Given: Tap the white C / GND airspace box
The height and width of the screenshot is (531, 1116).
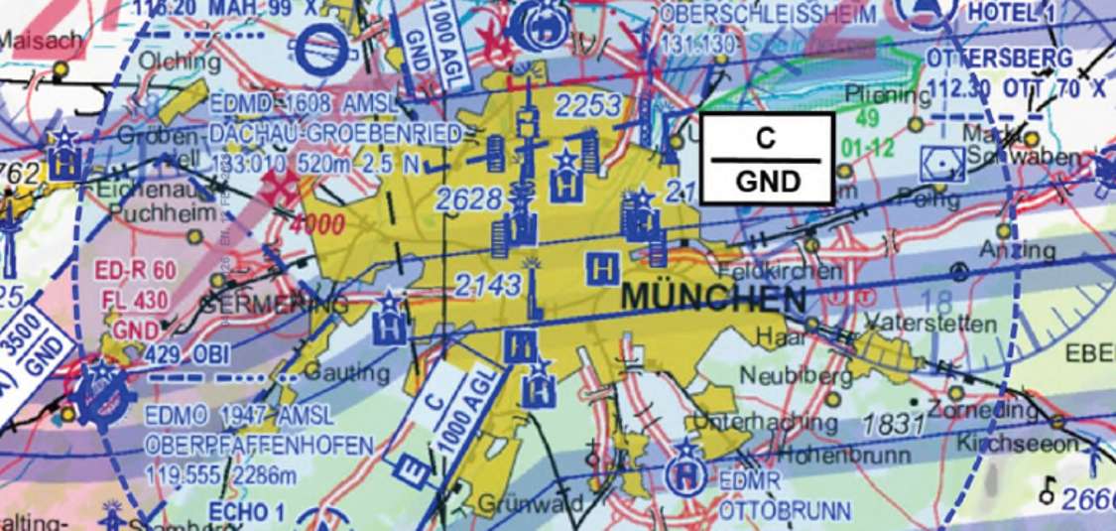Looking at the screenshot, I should tap(766, 159).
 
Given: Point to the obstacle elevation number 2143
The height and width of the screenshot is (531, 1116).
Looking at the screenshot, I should tap(488, 286).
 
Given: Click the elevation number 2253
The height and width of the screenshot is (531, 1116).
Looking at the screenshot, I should tap(588, 106).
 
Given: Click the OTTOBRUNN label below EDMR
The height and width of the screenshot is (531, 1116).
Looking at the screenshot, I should tap(785, 512).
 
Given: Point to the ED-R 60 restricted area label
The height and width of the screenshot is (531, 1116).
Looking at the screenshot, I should tap(136, 270).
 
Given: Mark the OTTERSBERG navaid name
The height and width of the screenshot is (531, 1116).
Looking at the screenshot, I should tap(1000, 59).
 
